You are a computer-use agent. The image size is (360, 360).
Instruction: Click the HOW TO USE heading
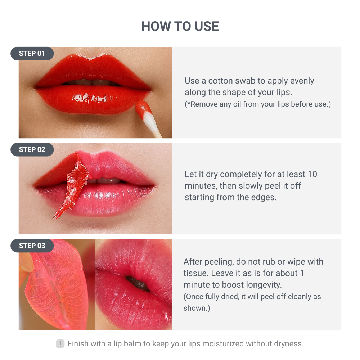180,26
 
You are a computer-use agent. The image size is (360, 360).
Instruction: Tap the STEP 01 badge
32,54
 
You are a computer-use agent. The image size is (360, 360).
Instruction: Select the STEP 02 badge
32,150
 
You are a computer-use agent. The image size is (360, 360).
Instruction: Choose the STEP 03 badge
32,246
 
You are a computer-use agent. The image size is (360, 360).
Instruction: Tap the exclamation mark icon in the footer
60,344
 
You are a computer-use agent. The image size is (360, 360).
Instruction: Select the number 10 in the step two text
312,174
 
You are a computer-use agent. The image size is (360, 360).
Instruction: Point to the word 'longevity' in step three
263,285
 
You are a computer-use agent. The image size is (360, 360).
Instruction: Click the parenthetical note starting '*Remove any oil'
257,104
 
